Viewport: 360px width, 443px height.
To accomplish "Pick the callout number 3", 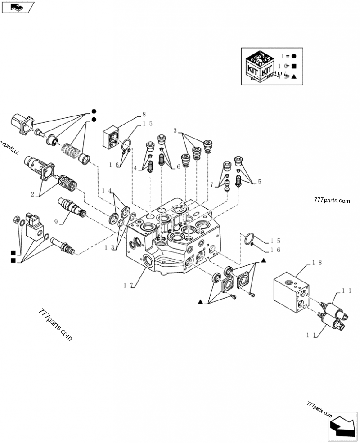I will pos(175,131).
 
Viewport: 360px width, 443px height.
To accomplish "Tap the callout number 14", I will pos(106,190).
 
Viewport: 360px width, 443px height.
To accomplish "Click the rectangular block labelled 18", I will pos(292,293).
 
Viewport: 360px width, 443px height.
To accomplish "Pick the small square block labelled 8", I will pos(111,137).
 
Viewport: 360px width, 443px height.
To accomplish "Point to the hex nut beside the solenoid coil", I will pos(16,221).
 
